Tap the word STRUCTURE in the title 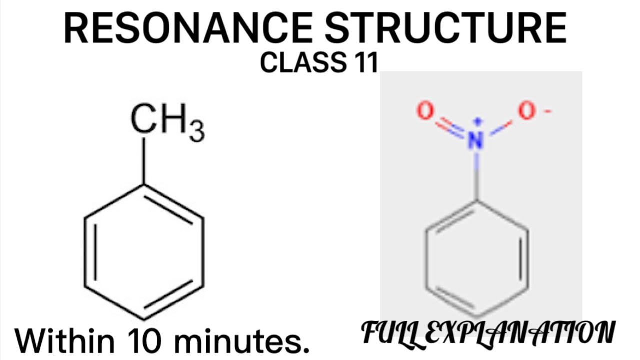coord(446,29)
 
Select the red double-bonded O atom coord(425,112)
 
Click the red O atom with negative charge coord(526,112)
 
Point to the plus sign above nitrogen coord(478,121)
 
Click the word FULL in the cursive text coord(390,332)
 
